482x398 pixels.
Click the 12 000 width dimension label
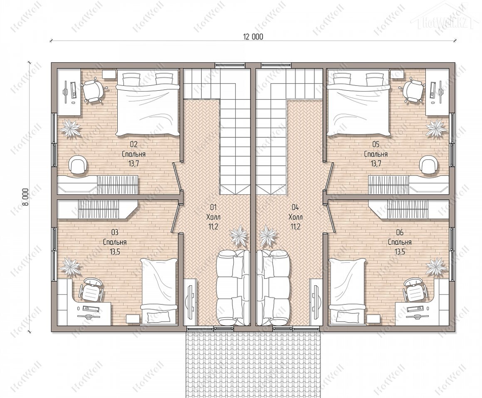click(253, 37)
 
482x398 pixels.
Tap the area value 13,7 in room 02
click(134, 163)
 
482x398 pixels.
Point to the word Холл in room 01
click(213, 217)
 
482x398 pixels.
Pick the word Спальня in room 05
click(376, 153)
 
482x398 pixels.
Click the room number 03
click(115, 232)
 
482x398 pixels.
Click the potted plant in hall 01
click(239, 236)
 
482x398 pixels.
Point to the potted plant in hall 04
click(268, 236)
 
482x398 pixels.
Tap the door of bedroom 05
click(329, 177)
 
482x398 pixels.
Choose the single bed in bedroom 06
click(347, 292)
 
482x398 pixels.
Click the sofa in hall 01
click(233, 287)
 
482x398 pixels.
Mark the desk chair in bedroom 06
click(414, 290)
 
